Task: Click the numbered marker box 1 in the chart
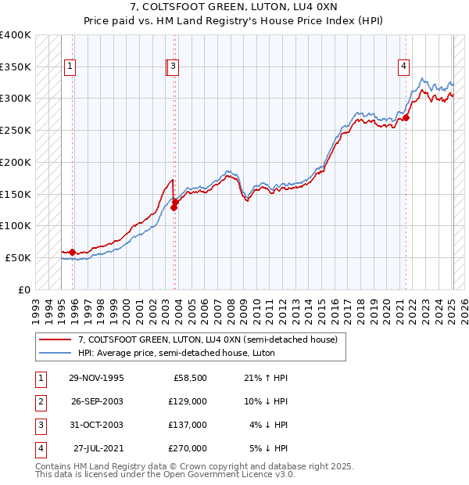click(x=70, y=67)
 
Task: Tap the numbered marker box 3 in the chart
click(x=173, y=67)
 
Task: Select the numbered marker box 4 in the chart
click(x=403, y=67)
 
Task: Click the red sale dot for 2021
click(x=406, y=117)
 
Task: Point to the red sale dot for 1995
click(x=73, y=252)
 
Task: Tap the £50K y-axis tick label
click(x=18, y=257)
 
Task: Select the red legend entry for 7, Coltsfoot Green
click(x=207, y=339)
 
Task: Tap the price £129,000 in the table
click(x=188, y=401)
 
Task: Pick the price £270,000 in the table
click(x=188, y=448)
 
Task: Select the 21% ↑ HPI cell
click(x=267, y=378)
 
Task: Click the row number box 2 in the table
click(x=38, y=401)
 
